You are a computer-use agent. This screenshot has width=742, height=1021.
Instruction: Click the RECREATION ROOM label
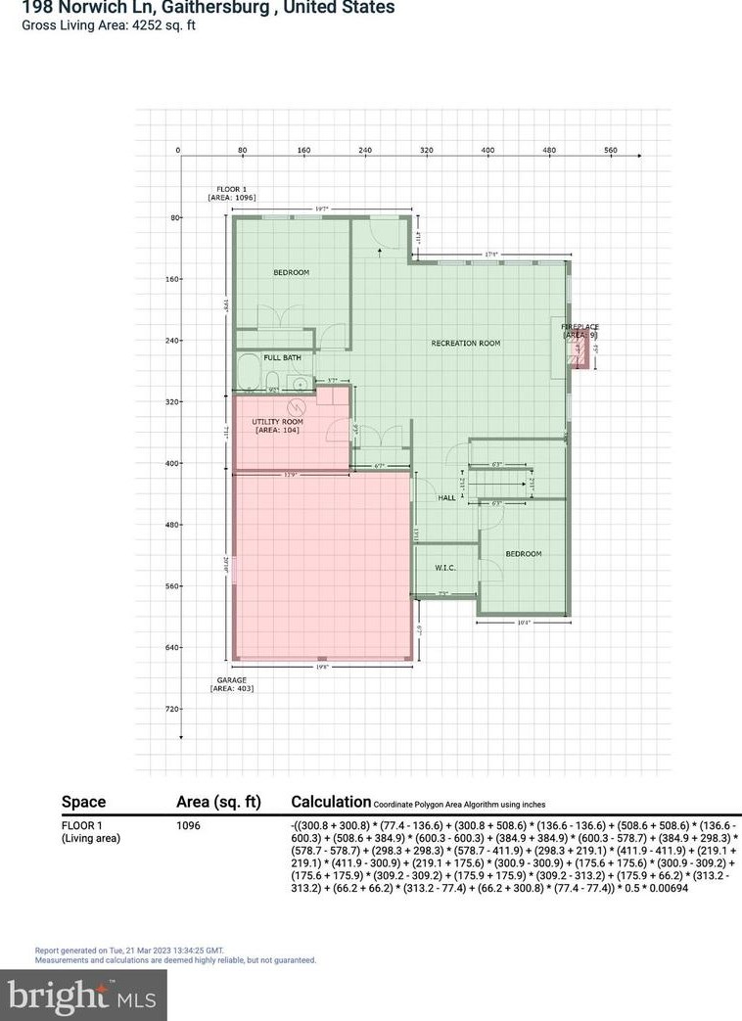[x=466, y=344]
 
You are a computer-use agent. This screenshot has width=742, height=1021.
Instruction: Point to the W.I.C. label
[x=446, y=568]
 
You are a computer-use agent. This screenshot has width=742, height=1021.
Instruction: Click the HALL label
[x=447, y=498]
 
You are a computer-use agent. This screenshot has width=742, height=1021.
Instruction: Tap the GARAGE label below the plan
[x=232, y=679]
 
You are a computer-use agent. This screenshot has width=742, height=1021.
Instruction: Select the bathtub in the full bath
[x=249, y=374]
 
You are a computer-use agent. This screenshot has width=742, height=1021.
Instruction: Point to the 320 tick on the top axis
[x=427, y=151]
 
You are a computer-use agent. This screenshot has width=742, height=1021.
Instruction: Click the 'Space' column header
[x=83, y=802]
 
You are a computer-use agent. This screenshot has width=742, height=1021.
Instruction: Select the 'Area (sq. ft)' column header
[x=217, y=802]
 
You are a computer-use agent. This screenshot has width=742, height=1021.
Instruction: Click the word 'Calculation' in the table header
[x=331, y=802]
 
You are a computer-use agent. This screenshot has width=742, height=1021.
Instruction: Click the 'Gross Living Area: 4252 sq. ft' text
[x=109, y=25]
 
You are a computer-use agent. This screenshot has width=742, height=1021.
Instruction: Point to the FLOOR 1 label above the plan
[x=232, y=187]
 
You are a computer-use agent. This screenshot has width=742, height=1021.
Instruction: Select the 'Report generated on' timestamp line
[x=129, y=950]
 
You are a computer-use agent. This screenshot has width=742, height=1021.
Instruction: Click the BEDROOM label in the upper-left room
[x=291, y=272]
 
